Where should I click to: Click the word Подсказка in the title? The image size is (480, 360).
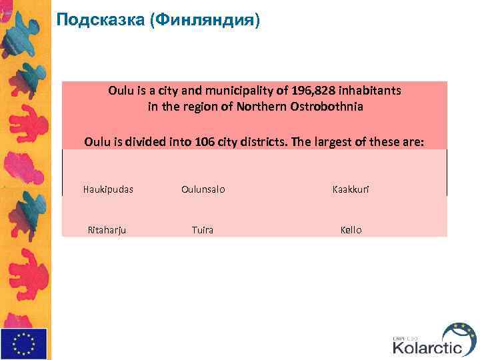[x=101, y=20]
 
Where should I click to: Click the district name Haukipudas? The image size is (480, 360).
[x=108, y=189]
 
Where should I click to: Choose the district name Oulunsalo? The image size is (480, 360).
[x=203, y=189]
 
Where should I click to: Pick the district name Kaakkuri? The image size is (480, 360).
[x=351, y=189]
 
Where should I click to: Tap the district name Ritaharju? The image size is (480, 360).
[x=107, y=230]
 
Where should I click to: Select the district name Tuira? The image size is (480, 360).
[x=203, y=230]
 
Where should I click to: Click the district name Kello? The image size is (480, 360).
[x=351, y=230]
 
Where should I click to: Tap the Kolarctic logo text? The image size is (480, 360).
[x=426, y=347]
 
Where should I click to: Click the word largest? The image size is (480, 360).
[x=335, y=141]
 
